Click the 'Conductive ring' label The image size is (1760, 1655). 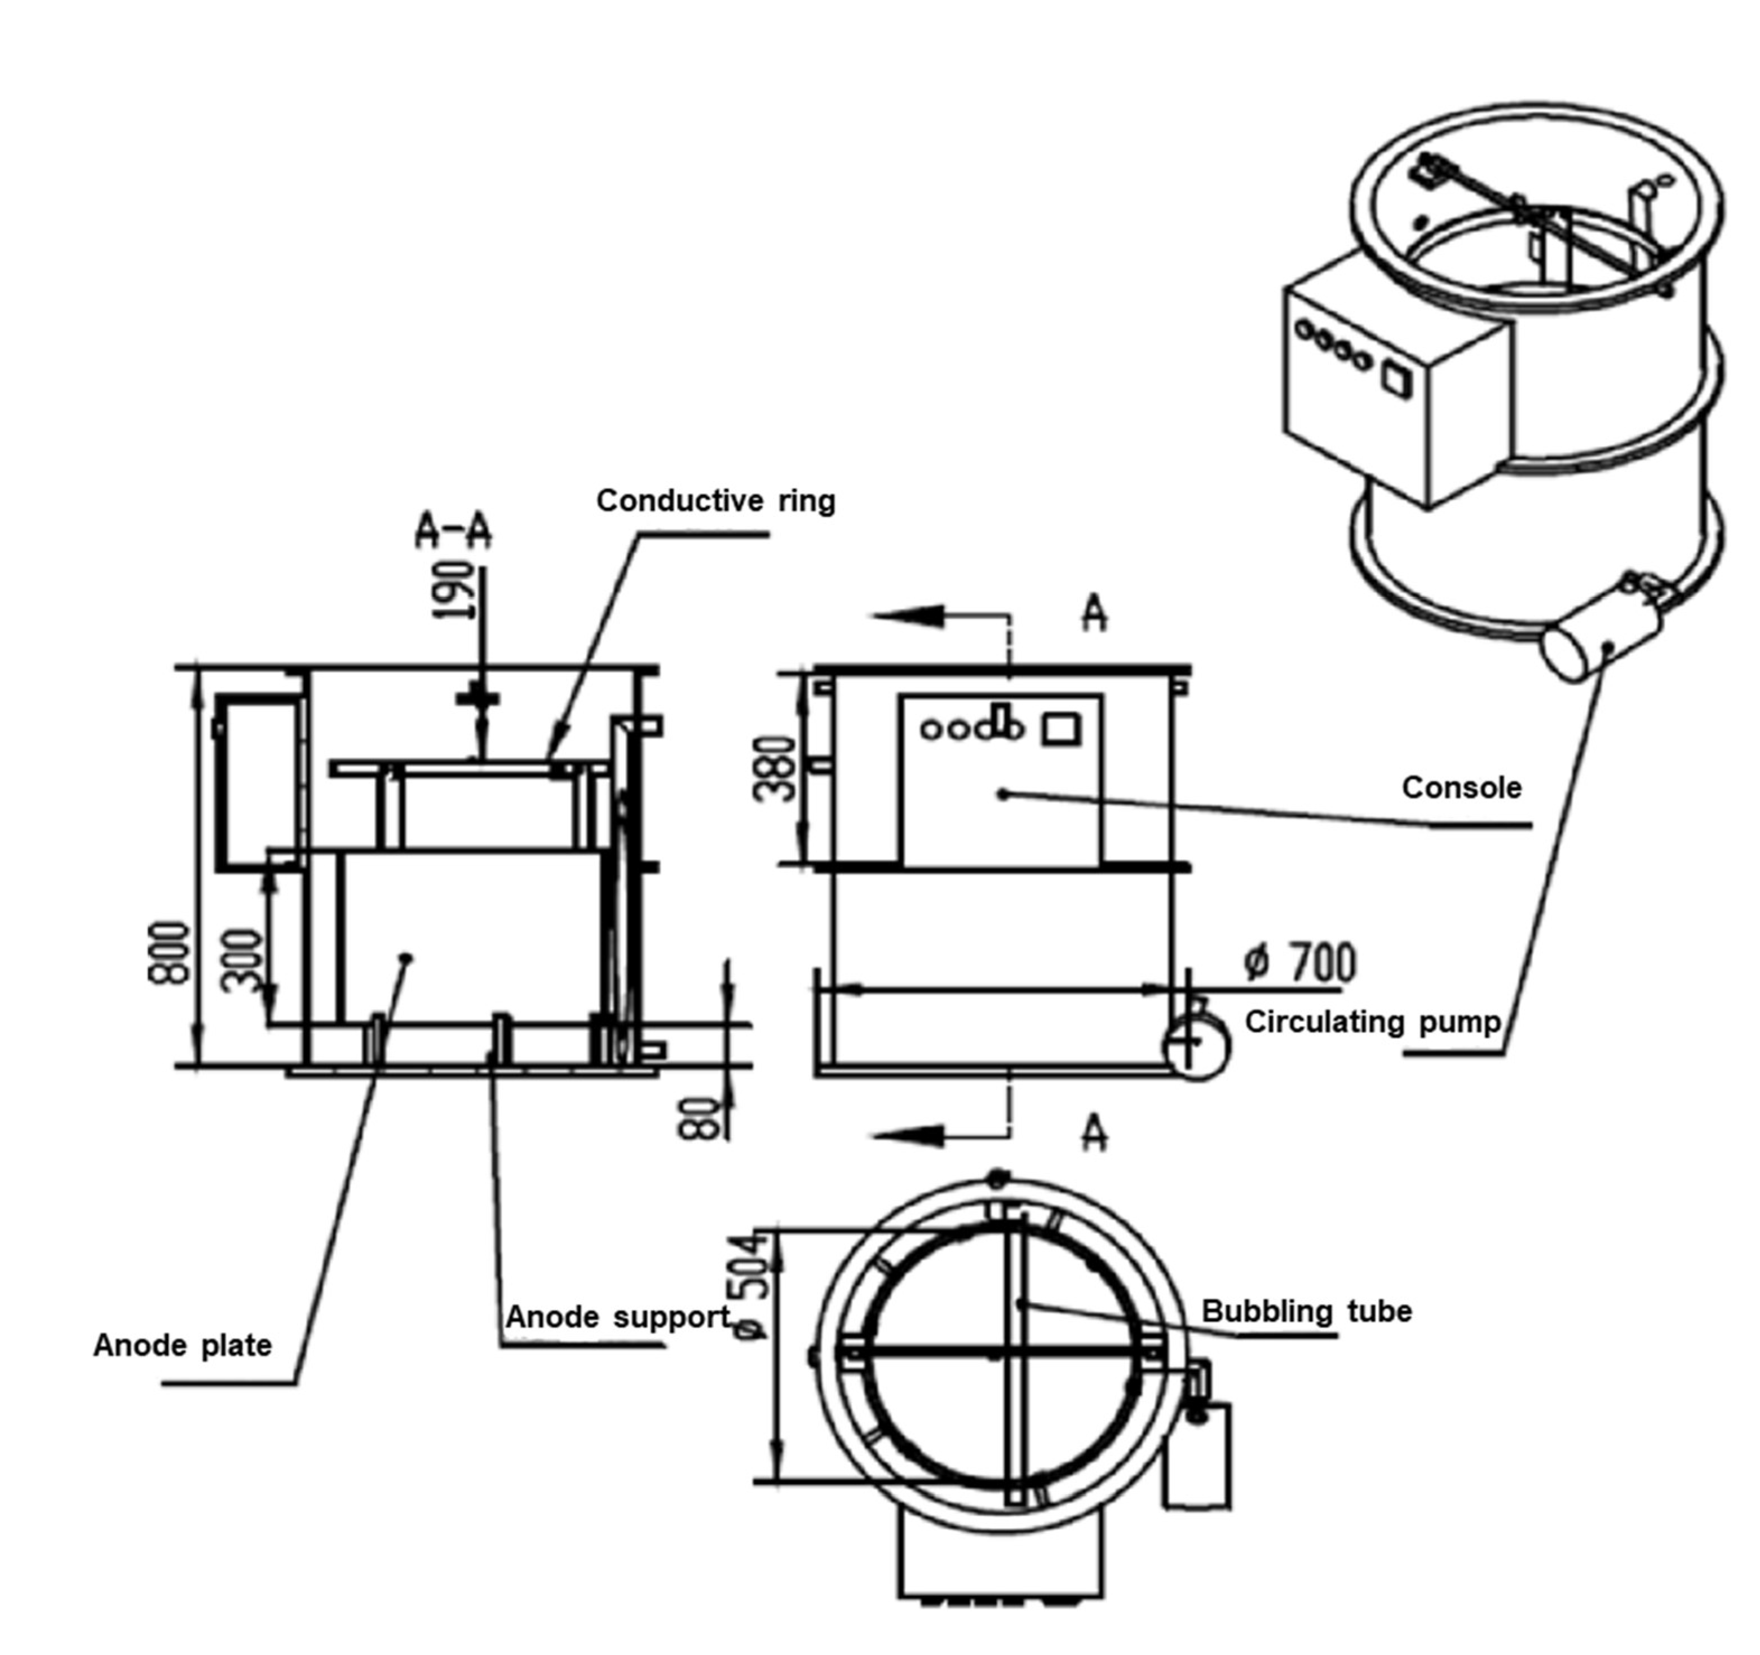point(715,501)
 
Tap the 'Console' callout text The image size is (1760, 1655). point(1461,787)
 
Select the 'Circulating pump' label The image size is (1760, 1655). point(1372,1022)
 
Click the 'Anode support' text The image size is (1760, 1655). point(617,1317)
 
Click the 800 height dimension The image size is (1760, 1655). point(168,952)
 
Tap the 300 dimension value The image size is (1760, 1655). point(241,961)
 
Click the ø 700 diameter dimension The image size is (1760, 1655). point(1300,963)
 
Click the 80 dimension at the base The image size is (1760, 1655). point(700,1118)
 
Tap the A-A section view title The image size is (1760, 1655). point(453,531)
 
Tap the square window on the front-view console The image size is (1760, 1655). point(1060,729)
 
